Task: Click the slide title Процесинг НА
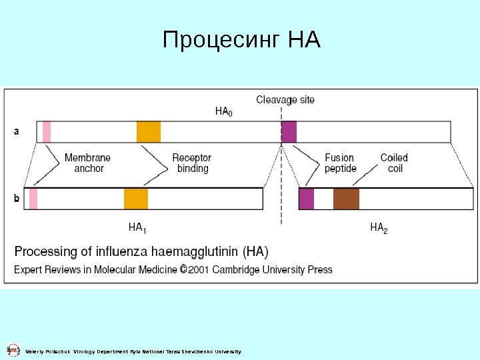[241, 41]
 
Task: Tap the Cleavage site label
[285, 100]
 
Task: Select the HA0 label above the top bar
[224, 112]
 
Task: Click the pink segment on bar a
[47, 131]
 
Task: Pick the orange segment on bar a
[149, 131]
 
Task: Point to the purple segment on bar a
[289, 131]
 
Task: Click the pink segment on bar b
[33, 199]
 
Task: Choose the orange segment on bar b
[136, 199]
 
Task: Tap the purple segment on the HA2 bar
[306, 199]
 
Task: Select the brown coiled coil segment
[346, 199]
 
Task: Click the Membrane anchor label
[88, 163]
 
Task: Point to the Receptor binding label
[192, 163]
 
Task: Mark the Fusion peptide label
[340, 163]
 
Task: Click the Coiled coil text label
[394, 163]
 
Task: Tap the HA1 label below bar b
[137, 229]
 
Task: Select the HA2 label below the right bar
[379, 229]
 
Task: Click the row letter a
[17, 131]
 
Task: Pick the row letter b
[17, 199]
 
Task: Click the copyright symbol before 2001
[183, 269]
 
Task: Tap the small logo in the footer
[13, 350]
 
